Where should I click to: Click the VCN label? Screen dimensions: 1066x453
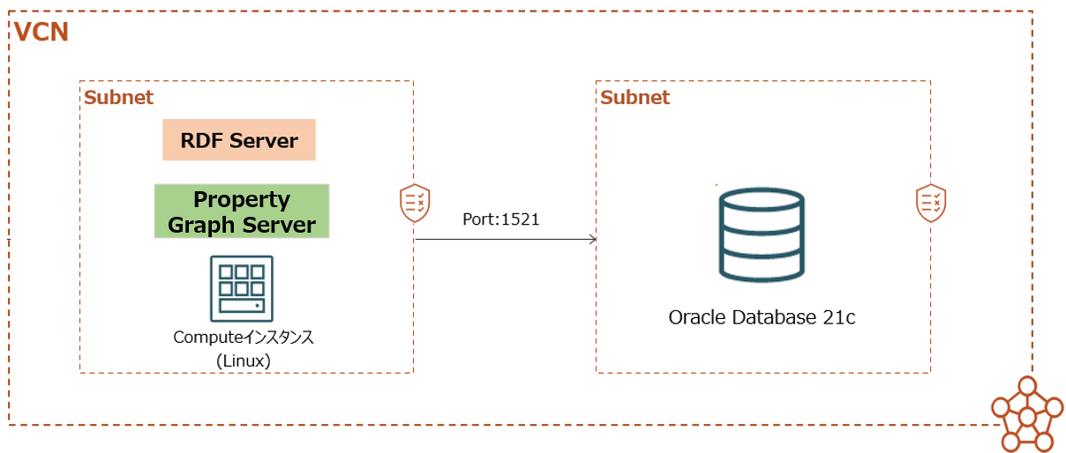coord(41,32)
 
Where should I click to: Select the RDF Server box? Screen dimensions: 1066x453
coord(239,140)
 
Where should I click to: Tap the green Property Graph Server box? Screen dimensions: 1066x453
coord(241,211)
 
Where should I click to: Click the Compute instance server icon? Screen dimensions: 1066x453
coord(242,288)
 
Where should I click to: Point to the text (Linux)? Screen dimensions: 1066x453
coord(244,360)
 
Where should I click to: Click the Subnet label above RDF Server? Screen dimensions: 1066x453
coord(118,98)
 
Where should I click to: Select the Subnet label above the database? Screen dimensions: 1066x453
coord(634,98)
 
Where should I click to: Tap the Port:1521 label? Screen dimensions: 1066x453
coord(501,219)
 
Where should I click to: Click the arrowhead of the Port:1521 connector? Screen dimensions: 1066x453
coord(593,240)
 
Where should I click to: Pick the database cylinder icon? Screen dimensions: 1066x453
coord(762,234)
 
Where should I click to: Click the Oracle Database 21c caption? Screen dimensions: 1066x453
coord(762,317)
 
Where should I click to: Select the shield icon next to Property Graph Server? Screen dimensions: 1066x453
coord(415,203)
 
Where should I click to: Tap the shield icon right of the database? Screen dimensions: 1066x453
coord(931,203)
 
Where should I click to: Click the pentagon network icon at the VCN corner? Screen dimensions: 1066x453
coord(1027,414)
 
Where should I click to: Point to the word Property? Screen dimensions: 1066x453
coord(242,200)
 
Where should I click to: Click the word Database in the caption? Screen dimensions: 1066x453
coord(774,317)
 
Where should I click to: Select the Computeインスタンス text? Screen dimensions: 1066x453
coord(244,337)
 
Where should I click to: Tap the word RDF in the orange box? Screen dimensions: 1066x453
coord(201,141)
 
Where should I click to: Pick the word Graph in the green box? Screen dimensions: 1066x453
coord(201,225)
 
